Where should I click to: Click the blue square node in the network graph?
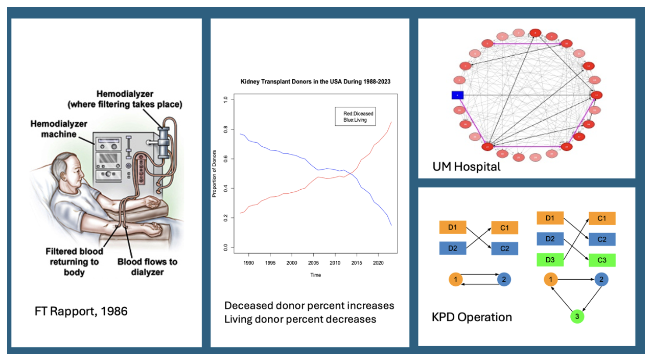coord(457,95)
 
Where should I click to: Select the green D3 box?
coord(550,260)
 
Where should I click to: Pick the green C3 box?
coord(602,260)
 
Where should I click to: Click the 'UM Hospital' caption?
coord(467,166)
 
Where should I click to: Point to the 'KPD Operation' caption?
coord(472,317)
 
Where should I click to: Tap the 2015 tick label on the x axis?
coord(356,262)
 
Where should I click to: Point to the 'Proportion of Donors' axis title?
coord(214,174)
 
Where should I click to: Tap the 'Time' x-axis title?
coord(315,275)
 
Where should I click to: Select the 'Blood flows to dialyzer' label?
coord(148,267)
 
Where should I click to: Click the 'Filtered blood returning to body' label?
coord(74,262)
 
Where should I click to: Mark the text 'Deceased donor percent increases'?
coord(309,306)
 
